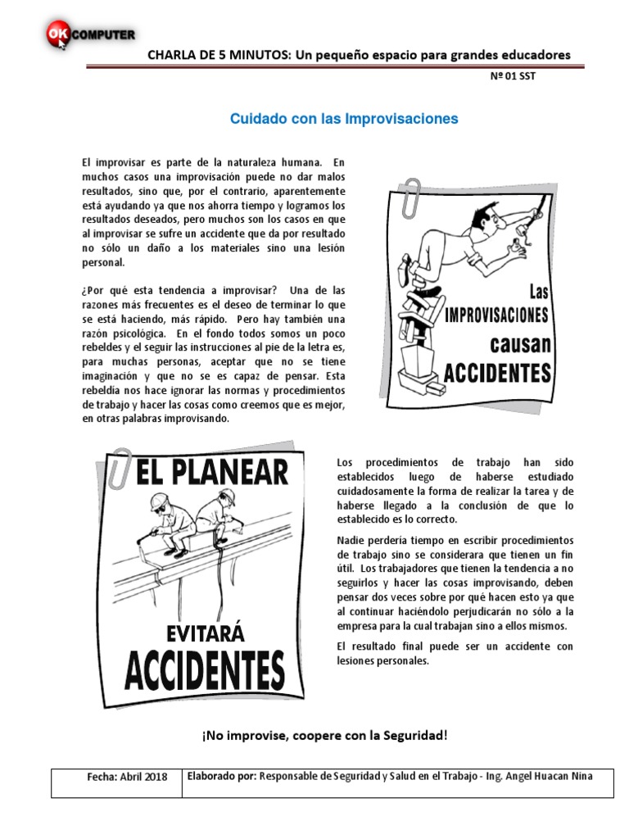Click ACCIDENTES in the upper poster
(x=497, y=373)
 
